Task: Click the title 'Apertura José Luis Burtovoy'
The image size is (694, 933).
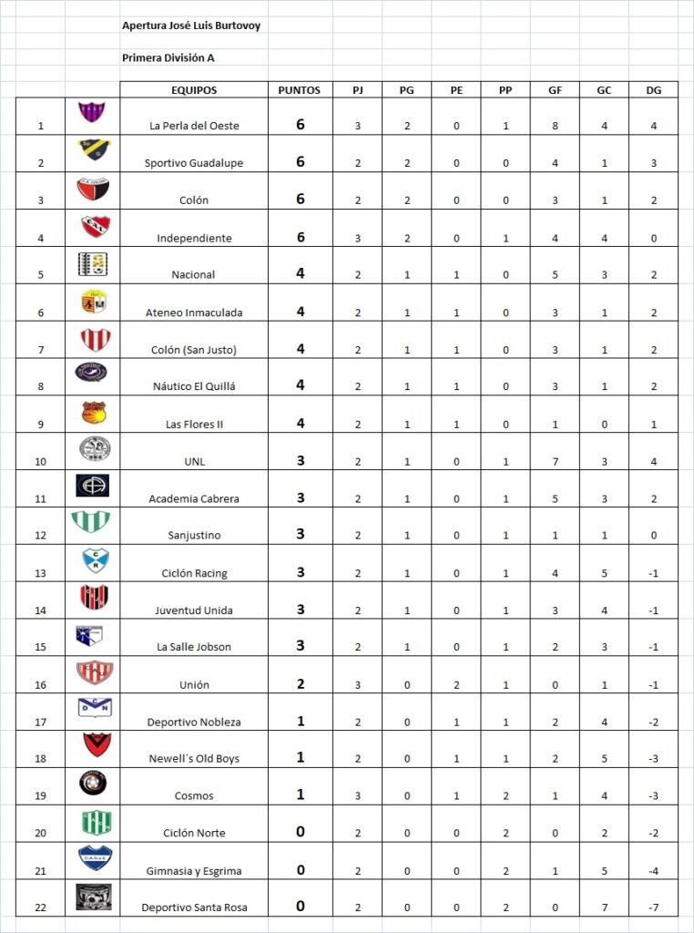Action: click(191, 26)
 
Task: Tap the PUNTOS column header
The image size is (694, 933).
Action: click(300, 90)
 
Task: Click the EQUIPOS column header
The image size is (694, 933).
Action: click(194, 90)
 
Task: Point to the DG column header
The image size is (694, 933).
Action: click(653, 90)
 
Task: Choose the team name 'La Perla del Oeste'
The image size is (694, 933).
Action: click(194, 126)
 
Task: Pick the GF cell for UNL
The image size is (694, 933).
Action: click(555, 461)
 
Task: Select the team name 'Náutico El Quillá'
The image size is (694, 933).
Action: click(194, 386)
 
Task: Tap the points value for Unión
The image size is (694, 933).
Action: click(300, 684)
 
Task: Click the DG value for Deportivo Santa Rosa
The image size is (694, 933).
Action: click(653, 907)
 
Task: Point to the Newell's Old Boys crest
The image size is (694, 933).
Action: click(93, 745)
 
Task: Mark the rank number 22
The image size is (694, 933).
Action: click(40, 907)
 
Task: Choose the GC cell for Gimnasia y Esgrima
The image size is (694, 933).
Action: click(604, 871)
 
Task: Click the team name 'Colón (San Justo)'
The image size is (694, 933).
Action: click(194, 349)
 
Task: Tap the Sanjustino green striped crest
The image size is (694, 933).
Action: click(93, 522)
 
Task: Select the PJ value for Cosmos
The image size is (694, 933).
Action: click(357, 796)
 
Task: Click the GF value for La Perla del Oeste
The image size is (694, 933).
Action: click(555, 126)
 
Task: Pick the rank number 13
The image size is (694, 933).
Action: click(40, 573)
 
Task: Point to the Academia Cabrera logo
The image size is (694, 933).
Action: click(93, 485)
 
